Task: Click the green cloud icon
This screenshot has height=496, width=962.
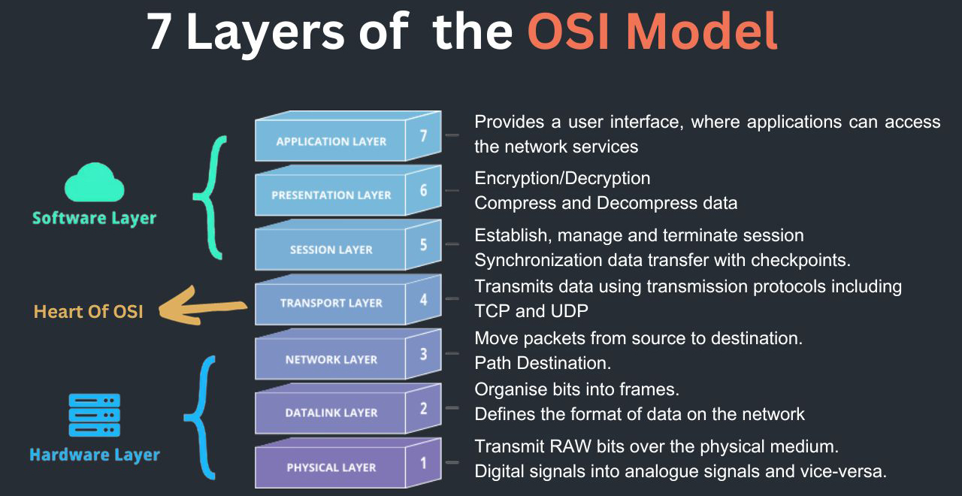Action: tap(95, 183)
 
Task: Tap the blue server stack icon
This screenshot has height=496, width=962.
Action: tap(95, 415)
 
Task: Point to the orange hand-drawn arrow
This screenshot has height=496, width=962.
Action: tap(202, 306)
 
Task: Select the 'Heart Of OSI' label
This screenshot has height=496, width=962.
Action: tap(89, 312)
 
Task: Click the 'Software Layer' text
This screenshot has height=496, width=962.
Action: tap(95, 218)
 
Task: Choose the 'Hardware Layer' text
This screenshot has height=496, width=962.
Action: tap(95, 455)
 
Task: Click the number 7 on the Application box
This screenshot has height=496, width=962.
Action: tap(423, 136)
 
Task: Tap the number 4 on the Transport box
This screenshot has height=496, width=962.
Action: tap(423, 299)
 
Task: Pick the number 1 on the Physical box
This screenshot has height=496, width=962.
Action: tap(423, 463)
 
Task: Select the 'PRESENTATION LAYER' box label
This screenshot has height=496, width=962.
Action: tap(331, 195)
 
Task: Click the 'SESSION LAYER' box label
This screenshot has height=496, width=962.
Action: tap(331, 250)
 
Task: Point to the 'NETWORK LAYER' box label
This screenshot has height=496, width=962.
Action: tap(331, 359)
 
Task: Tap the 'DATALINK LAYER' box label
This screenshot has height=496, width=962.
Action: tap(331, 413)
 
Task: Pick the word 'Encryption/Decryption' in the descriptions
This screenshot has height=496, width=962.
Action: tap(562, 179)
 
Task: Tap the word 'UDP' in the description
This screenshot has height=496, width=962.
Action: tap(570, 311)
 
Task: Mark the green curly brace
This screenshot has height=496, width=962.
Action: tap(210, 198)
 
